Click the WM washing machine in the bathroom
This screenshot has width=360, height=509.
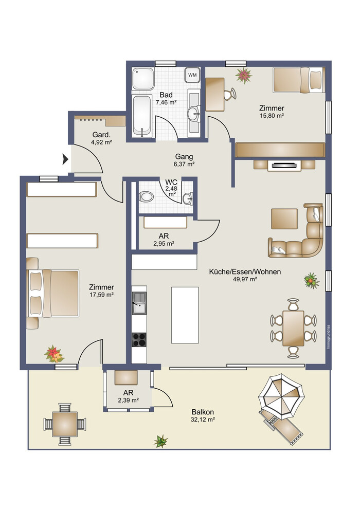click(x=192, y=75)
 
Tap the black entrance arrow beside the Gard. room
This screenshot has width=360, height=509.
click(x=65, y=159)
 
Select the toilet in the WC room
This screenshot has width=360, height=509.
click(x=147, y=196)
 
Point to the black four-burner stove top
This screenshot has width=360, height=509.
click(x=139, y=339)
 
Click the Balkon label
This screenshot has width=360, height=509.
click(x=203, y=412)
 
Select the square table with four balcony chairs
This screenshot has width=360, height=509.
click(x=65, y=424)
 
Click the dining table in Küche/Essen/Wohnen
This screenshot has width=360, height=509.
click(x=293, y=328)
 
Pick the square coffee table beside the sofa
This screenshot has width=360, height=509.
click(x=284, y=219)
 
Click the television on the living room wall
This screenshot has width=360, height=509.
click(x=284, y=166)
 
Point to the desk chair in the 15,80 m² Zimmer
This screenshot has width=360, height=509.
click(x=231, y=94)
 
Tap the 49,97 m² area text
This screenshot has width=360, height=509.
click(x=245, y=279)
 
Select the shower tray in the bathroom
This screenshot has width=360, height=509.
click(x=143, y=79)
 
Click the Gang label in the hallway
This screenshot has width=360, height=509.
click(x=184, y=157)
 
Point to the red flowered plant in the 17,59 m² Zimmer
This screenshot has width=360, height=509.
click(x=54, y=354)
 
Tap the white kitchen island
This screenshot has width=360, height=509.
click(x=185, y=315)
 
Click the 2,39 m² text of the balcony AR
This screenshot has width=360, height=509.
click(x=128, y=400)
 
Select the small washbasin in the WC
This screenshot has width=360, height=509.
click(x=188, y=198)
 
